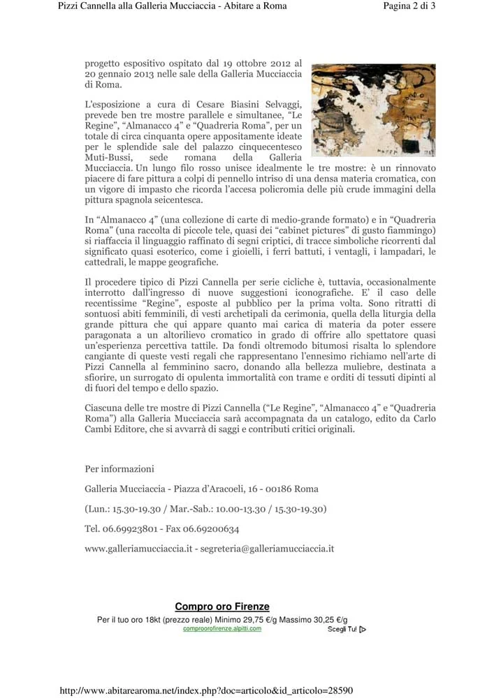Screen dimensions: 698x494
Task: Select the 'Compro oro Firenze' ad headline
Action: point(221,607)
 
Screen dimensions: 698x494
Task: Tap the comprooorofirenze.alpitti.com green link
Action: point(222,628)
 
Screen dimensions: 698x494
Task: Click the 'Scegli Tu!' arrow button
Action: point(347,630)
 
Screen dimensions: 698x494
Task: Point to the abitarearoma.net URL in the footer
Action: point(207,691)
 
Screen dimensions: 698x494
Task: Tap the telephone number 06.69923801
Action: point(133,529)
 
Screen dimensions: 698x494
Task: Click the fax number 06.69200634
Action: point(210,529)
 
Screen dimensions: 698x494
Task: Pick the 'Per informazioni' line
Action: point(119,468)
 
